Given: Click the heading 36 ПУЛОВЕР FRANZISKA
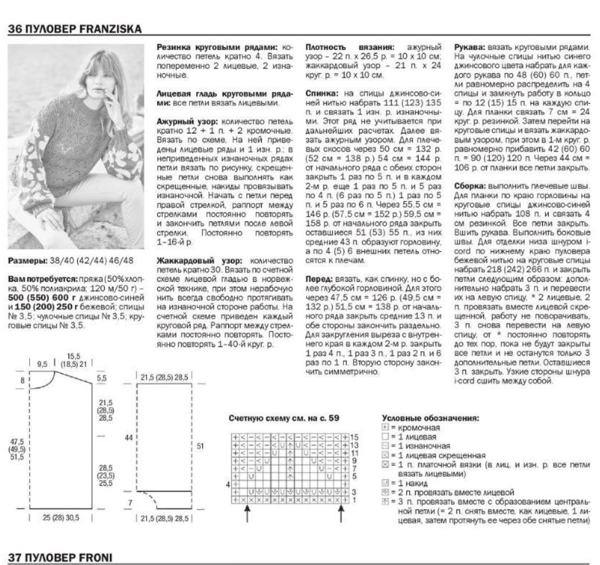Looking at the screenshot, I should tap(74, 28).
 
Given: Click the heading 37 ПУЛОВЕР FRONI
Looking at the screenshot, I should tap(59, 557).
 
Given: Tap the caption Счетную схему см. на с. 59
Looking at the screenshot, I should tap(285, 418).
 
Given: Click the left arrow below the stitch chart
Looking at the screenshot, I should tap(247, 517).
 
